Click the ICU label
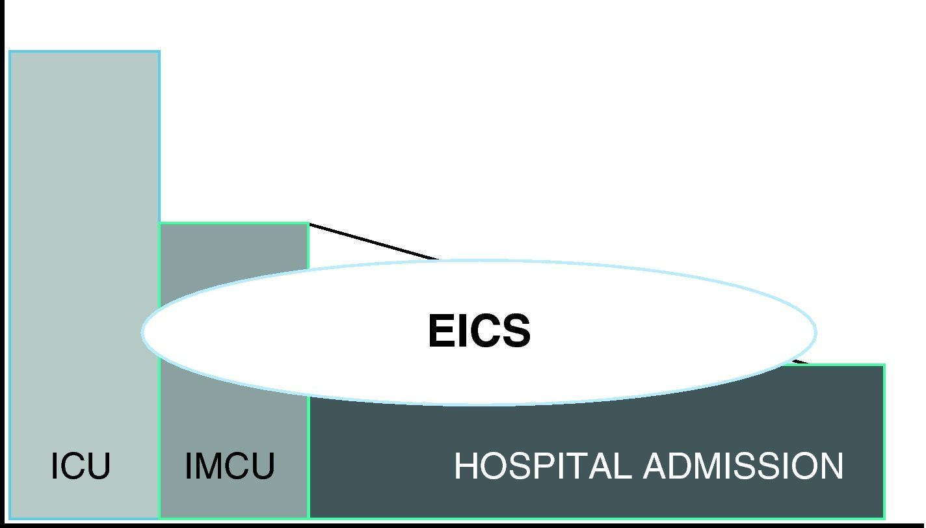(81, 466)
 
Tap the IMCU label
(230, 466)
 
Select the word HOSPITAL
(542, 466)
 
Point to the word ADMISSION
(743, 466)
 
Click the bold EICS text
(479, 331)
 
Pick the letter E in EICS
(441, 331)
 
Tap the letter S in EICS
(518, 331)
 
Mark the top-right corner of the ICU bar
(159, 51)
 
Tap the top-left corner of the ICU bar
(10, 51)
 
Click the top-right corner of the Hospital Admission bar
(884, 365)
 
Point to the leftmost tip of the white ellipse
(142, 332)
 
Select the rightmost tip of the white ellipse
(816, 332)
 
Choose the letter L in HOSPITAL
(622, 466)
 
